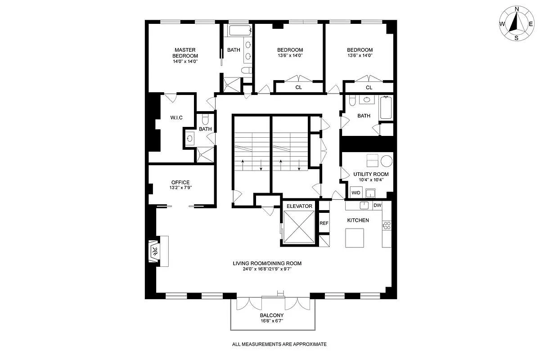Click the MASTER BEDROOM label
click(185, 53)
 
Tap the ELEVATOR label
click(299, 206)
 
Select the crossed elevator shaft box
click(299, 226)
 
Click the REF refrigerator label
click(324, 223)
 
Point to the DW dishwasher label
click(377, 206)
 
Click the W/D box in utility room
click(356, 193)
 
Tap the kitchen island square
click(355, 238)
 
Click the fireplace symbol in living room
click(154, 251)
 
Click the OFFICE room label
click(180, 182)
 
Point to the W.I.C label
click(176, 118)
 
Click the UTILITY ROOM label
click(371, 174)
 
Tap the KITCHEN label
click(358, 220)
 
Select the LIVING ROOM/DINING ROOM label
click(267, 264)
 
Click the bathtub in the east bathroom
click(386, 108)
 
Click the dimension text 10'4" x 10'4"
click(371, 180)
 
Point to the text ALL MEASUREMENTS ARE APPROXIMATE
click(279, 344)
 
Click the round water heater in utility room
click(386, 161)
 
